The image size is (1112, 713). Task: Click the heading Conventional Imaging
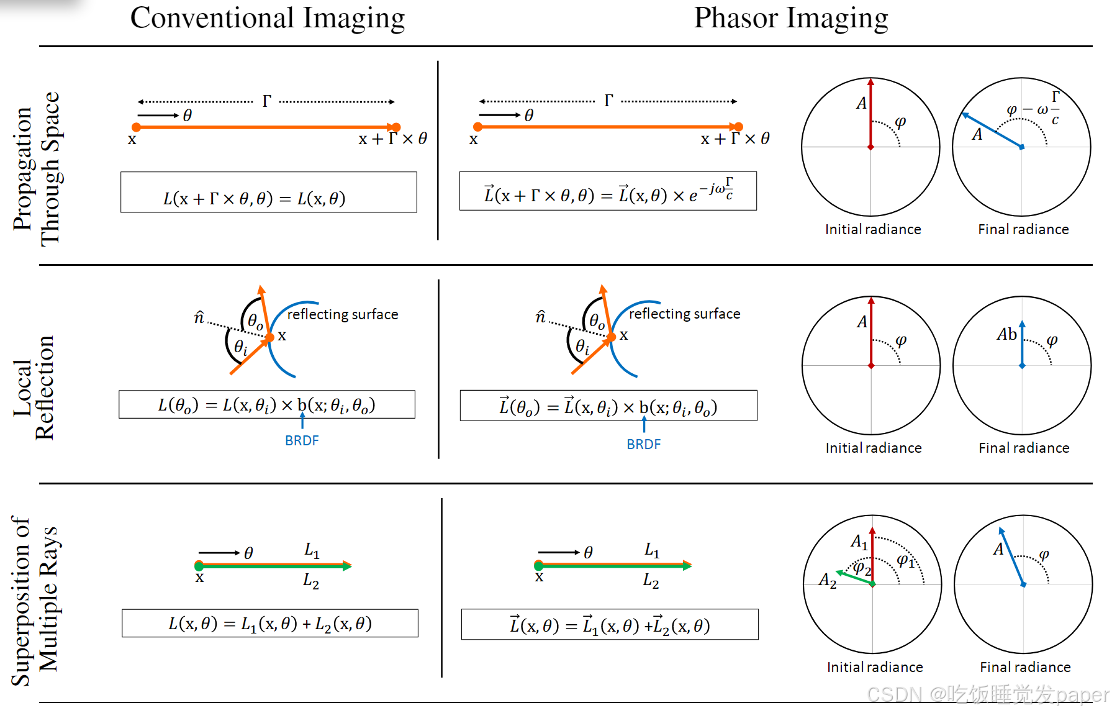(x=267, y=19)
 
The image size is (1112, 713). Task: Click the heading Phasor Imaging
(x=790, y=19)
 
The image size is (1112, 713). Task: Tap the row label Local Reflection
(x=35, y=388)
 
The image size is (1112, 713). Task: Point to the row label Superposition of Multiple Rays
(x=35, y=601)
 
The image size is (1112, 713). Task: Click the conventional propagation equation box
(x=268, y=193)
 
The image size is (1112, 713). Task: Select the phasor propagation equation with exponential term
(x=608, y=191)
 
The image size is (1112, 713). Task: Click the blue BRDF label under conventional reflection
(x=302, y=440)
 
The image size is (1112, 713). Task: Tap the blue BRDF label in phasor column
(x=643, y=444)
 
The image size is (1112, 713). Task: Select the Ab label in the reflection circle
(x=1006, y=334)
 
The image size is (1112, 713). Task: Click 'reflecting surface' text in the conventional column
(x=342, y=314)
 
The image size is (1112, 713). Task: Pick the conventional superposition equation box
(x=269, y=623)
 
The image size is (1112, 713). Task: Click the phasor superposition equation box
(x=609, y=625)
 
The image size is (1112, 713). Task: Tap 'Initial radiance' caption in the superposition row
(x=874, y=667)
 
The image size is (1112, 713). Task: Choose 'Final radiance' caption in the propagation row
(x=1023, y=229)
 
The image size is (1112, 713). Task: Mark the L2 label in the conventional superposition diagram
(x=310, y=581)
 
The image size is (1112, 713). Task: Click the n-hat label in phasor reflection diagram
(x=540, y=317)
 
